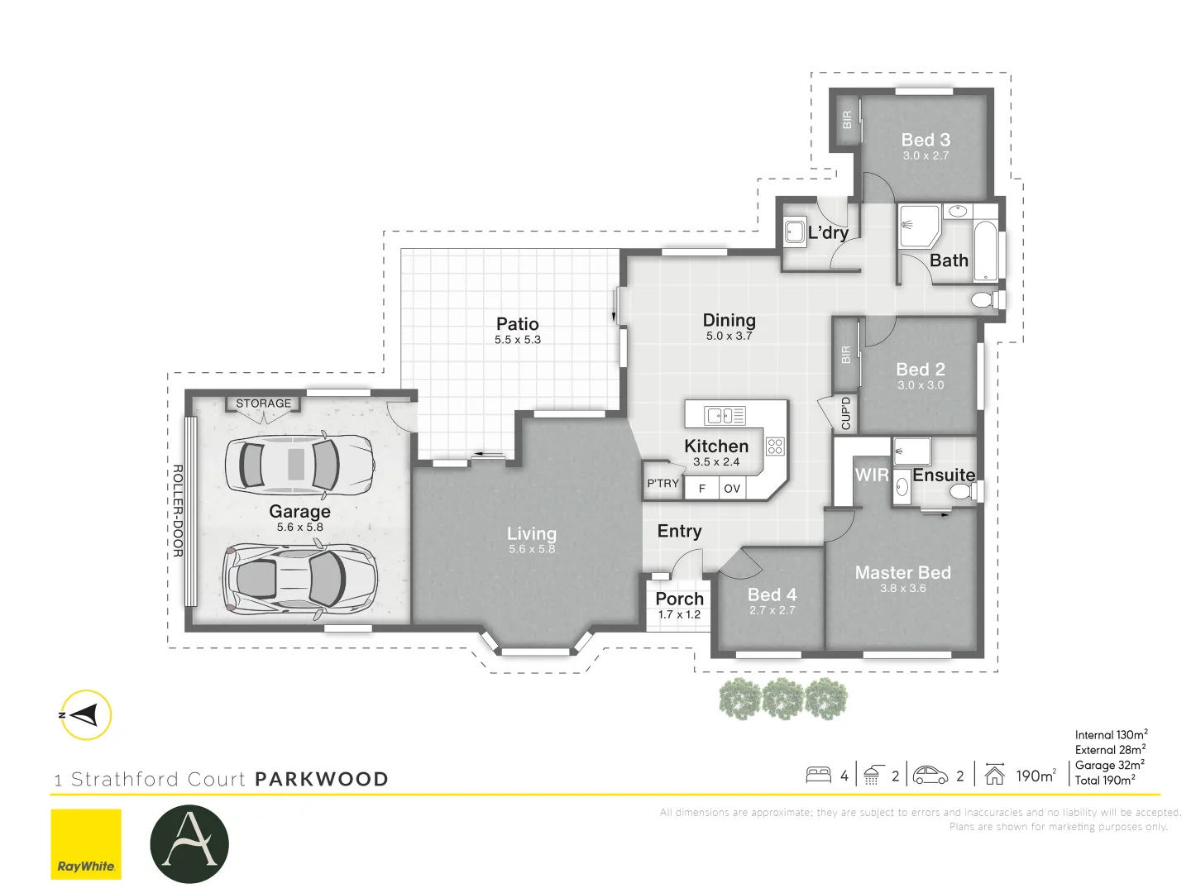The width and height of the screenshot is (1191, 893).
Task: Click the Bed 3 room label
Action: pos(926,140)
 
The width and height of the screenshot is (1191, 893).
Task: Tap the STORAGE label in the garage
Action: pos(263,404)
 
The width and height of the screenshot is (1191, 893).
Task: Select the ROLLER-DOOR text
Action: pos(178,511)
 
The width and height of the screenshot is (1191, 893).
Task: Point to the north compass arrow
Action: pos(84,715)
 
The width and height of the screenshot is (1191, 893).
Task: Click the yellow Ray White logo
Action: pos(86,844)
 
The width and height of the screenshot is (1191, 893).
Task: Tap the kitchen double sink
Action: pos(725,416)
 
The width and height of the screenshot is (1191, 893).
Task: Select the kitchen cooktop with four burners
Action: pos(775,446)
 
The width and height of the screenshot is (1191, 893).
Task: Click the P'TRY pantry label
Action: pos(662,483)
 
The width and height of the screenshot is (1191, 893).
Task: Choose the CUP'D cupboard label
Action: pos(845,413)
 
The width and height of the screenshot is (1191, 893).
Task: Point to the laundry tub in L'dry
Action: pos(795,231)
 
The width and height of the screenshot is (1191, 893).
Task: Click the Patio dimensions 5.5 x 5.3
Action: pos(517,340)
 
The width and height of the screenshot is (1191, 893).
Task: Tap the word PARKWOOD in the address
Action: pos(322,779)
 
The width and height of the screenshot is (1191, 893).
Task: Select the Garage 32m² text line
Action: pos(1110,765)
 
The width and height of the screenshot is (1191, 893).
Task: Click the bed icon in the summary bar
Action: pos(818,775)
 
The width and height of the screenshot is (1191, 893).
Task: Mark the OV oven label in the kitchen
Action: pos(732,489)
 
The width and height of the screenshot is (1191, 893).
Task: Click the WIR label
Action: pos(872,475)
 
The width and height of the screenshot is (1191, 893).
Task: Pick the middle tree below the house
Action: pos(783,699)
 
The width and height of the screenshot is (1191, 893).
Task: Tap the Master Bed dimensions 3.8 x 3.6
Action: pos(903,588)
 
